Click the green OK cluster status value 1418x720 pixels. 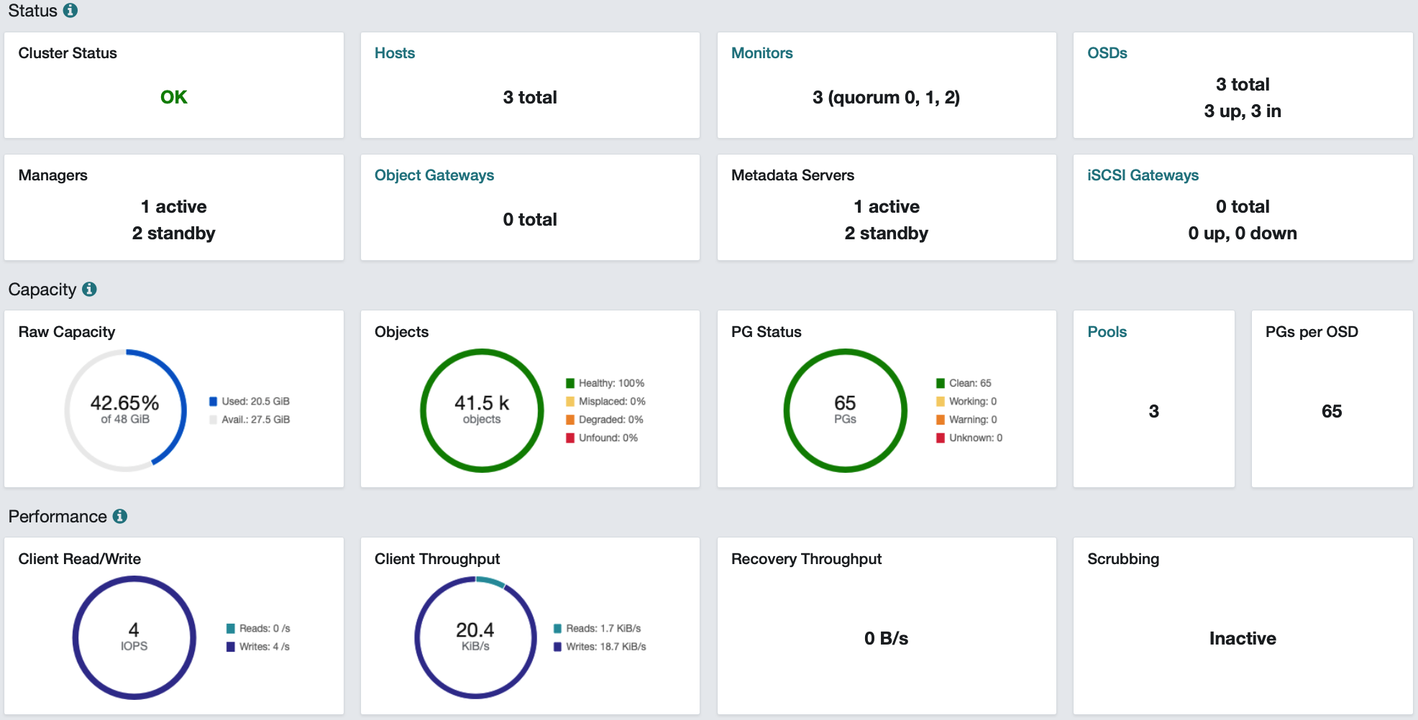click(x=173, y=97)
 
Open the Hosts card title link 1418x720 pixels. click(x=395, y=53)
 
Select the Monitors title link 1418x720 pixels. click(x=761, y=53)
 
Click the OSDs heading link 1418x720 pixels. click(x=1107, y=53)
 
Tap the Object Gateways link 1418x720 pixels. click(x=434, y=175)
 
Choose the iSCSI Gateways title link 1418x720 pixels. click(x=1143, y=175)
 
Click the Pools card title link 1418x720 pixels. click(x=1107, y=332)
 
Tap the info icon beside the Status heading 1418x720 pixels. click(x=70, y=11)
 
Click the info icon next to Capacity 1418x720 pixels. click(x=89, y=289)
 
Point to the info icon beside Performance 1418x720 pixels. click(x=120, y=516)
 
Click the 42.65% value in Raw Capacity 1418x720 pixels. click(x=124, y=402)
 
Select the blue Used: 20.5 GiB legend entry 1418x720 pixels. click(x=250, y=401)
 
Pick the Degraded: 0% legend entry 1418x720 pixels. click(x=605, y=420)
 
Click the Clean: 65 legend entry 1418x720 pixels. click(x=964, y=383)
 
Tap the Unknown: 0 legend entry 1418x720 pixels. click(x=969, y=438)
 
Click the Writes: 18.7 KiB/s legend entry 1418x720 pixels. click(x=600, y=647)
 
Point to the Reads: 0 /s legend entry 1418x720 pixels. click(x=258, y=628)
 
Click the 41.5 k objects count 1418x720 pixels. click(x=482, y=403)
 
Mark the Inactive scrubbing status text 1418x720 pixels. click(x=1243, y=638)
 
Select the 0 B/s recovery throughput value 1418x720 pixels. click(x=886, y=638)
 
